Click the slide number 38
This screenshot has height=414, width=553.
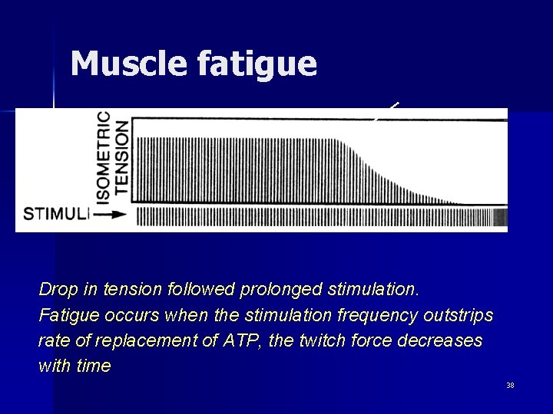pos(510,385)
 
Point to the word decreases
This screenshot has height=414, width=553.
pos(444,340)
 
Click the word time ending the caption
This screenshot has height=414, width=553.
pos(94,366)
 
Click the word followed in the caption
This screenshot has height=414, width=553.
pos(202,290)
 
